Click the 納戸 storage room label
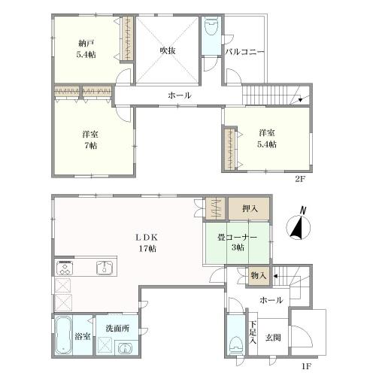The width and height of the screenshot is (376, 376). (86, 44)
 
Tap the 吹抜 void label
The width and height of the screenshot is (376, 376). (168, 51)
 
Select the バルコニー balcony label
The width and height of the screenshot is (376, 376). (244, 52)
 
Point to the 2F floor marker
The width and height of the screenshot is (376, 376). (300, 179)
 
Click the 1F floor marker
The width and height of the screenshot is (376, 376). (306, 366)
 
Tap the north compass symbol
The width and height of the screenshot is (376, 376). (299, 224)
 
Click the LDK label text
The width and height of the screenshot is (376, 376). (147, 238)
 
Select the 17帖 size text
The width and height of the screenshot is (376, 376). (148, 249)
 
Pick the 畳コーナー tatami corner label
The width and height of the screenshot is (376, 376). (237, 237)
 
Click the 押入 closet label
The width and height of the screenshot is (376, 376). (250, 208)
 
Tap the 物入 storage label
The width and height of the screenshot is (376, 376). (259, 276)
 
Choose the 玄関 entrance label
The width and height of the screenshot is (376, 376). (273, 338)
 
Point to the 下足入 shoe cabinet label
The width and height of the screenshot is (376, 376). (253, 332)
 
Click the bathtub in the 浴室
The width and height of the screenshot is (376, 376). (63, 335)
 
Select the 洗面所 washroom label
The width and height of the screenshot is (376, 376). (117, 329)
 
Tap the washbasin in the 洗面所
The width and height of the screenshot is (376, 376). (125, 348)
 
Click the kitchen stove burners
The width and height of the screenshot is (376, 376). (65, 268)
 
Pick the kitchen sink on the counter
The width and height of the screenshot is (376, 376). (105, 268)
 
